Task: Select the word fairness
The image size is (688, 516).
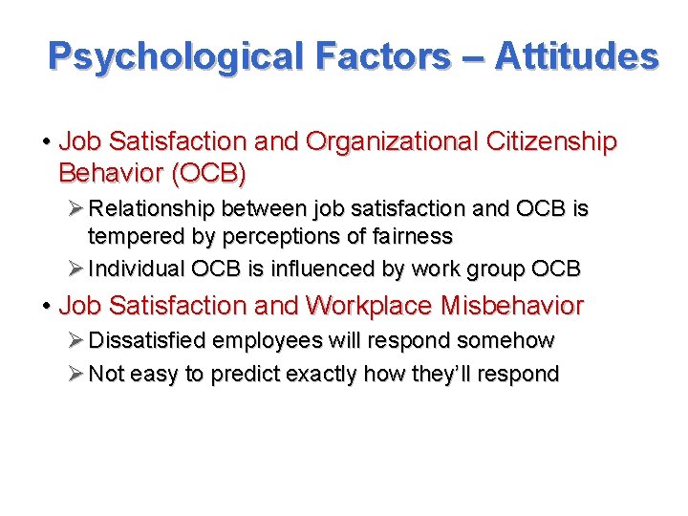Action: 406,235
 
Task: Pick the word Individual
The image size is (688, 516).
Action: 136,269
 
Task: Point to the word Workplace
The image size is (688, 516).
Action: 369,306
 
